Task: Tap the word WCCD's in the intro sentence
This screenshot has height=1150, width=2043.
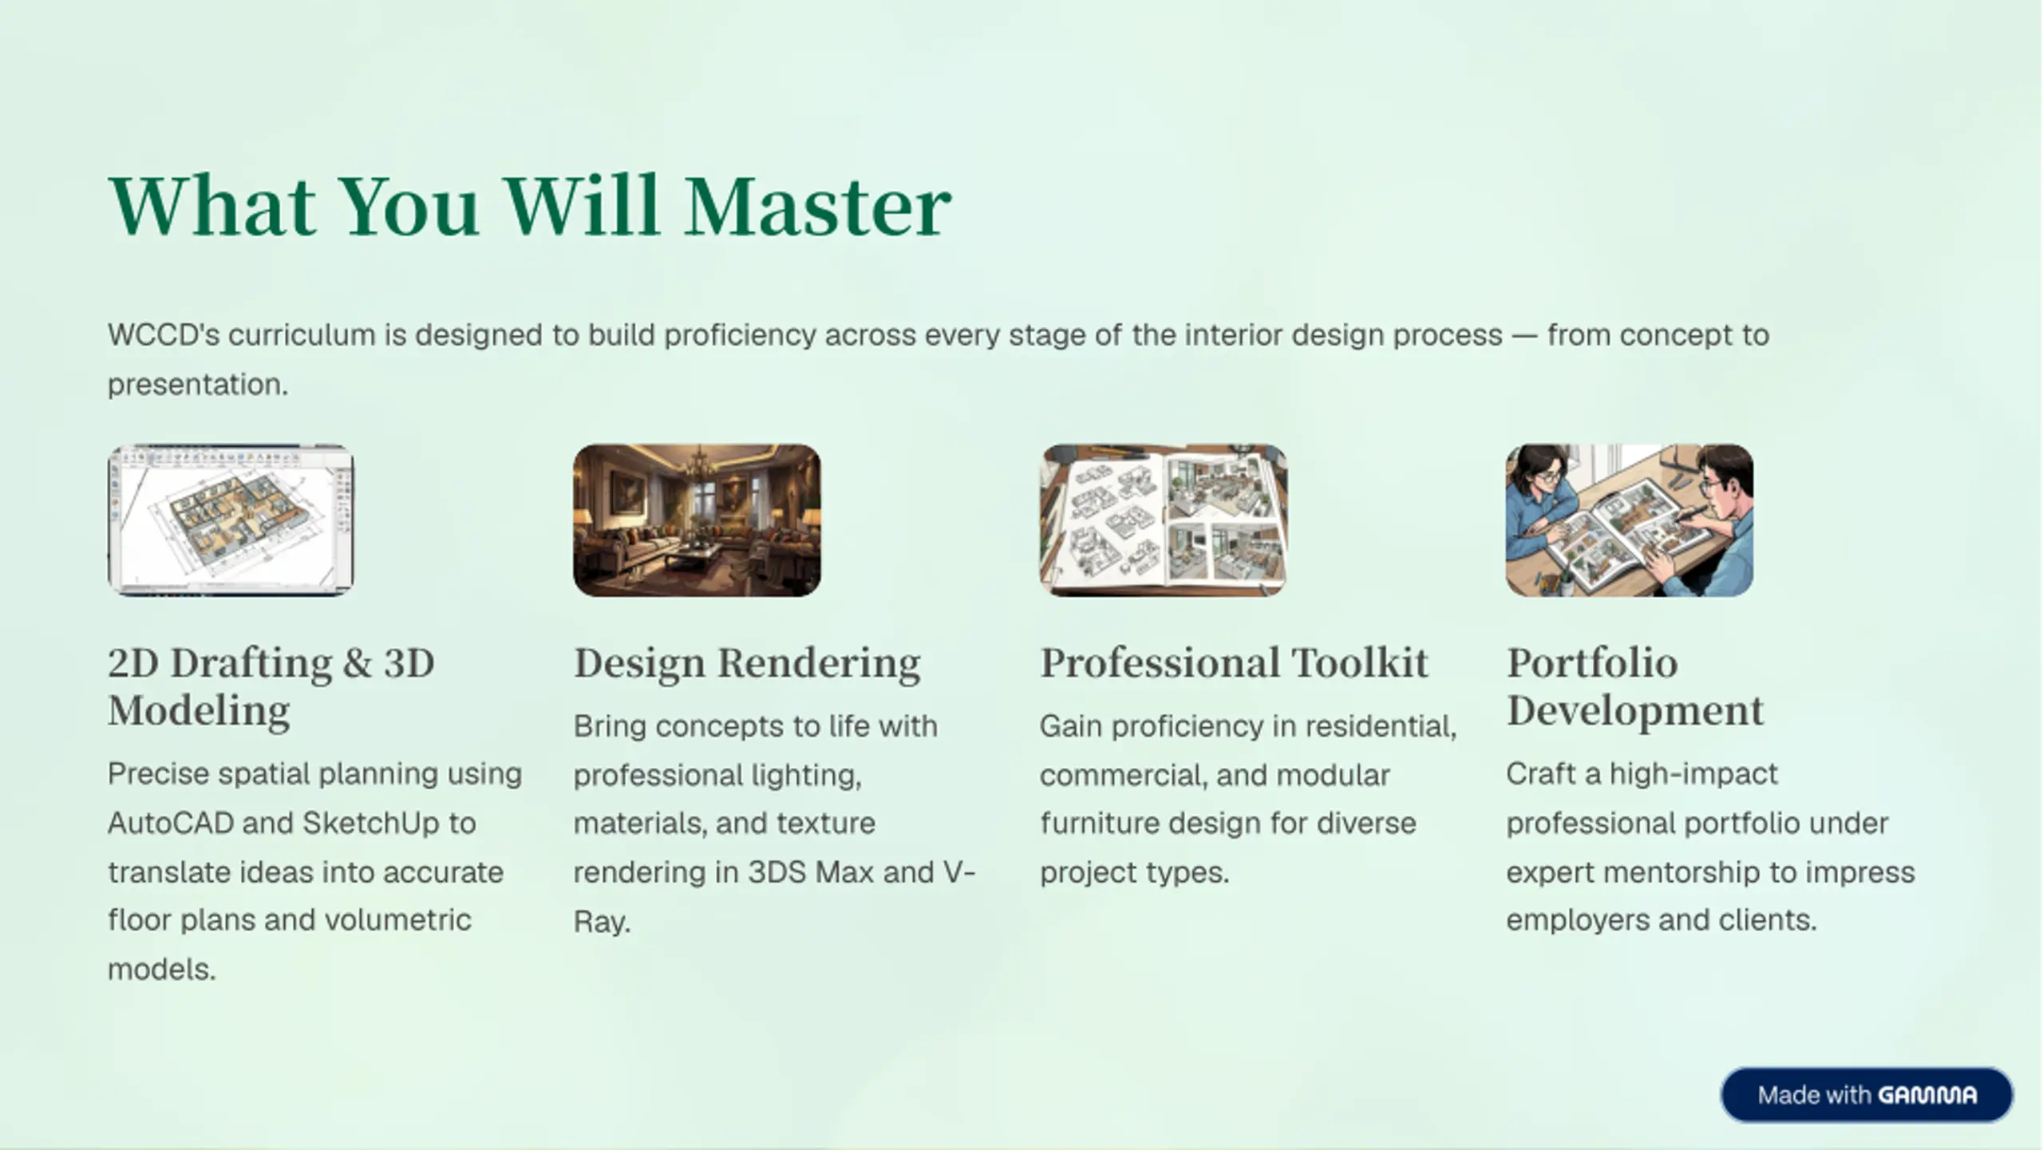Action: pos(164,334)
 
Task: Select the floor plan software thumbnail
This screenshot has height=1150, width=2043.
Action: pos(231,520)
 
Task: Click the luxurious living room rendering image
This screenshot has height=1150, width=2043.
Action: pos(697,520)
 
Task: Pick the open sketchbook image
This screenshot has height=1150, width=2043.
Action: pos(1163,520)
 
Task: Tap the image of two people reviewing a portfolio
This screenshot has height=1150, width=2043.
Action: pos(1630,520)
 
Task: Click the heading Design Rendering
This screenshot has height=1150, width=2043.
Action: pos(747,664)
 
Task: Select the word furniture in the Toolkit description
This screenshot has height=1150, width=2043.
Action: pos(1100,823)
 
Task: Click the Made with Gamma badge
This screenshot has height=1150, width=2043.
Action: pos(1867,1095)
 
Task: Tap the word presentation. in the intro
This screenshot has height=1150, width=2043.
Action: pos(198,385)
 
